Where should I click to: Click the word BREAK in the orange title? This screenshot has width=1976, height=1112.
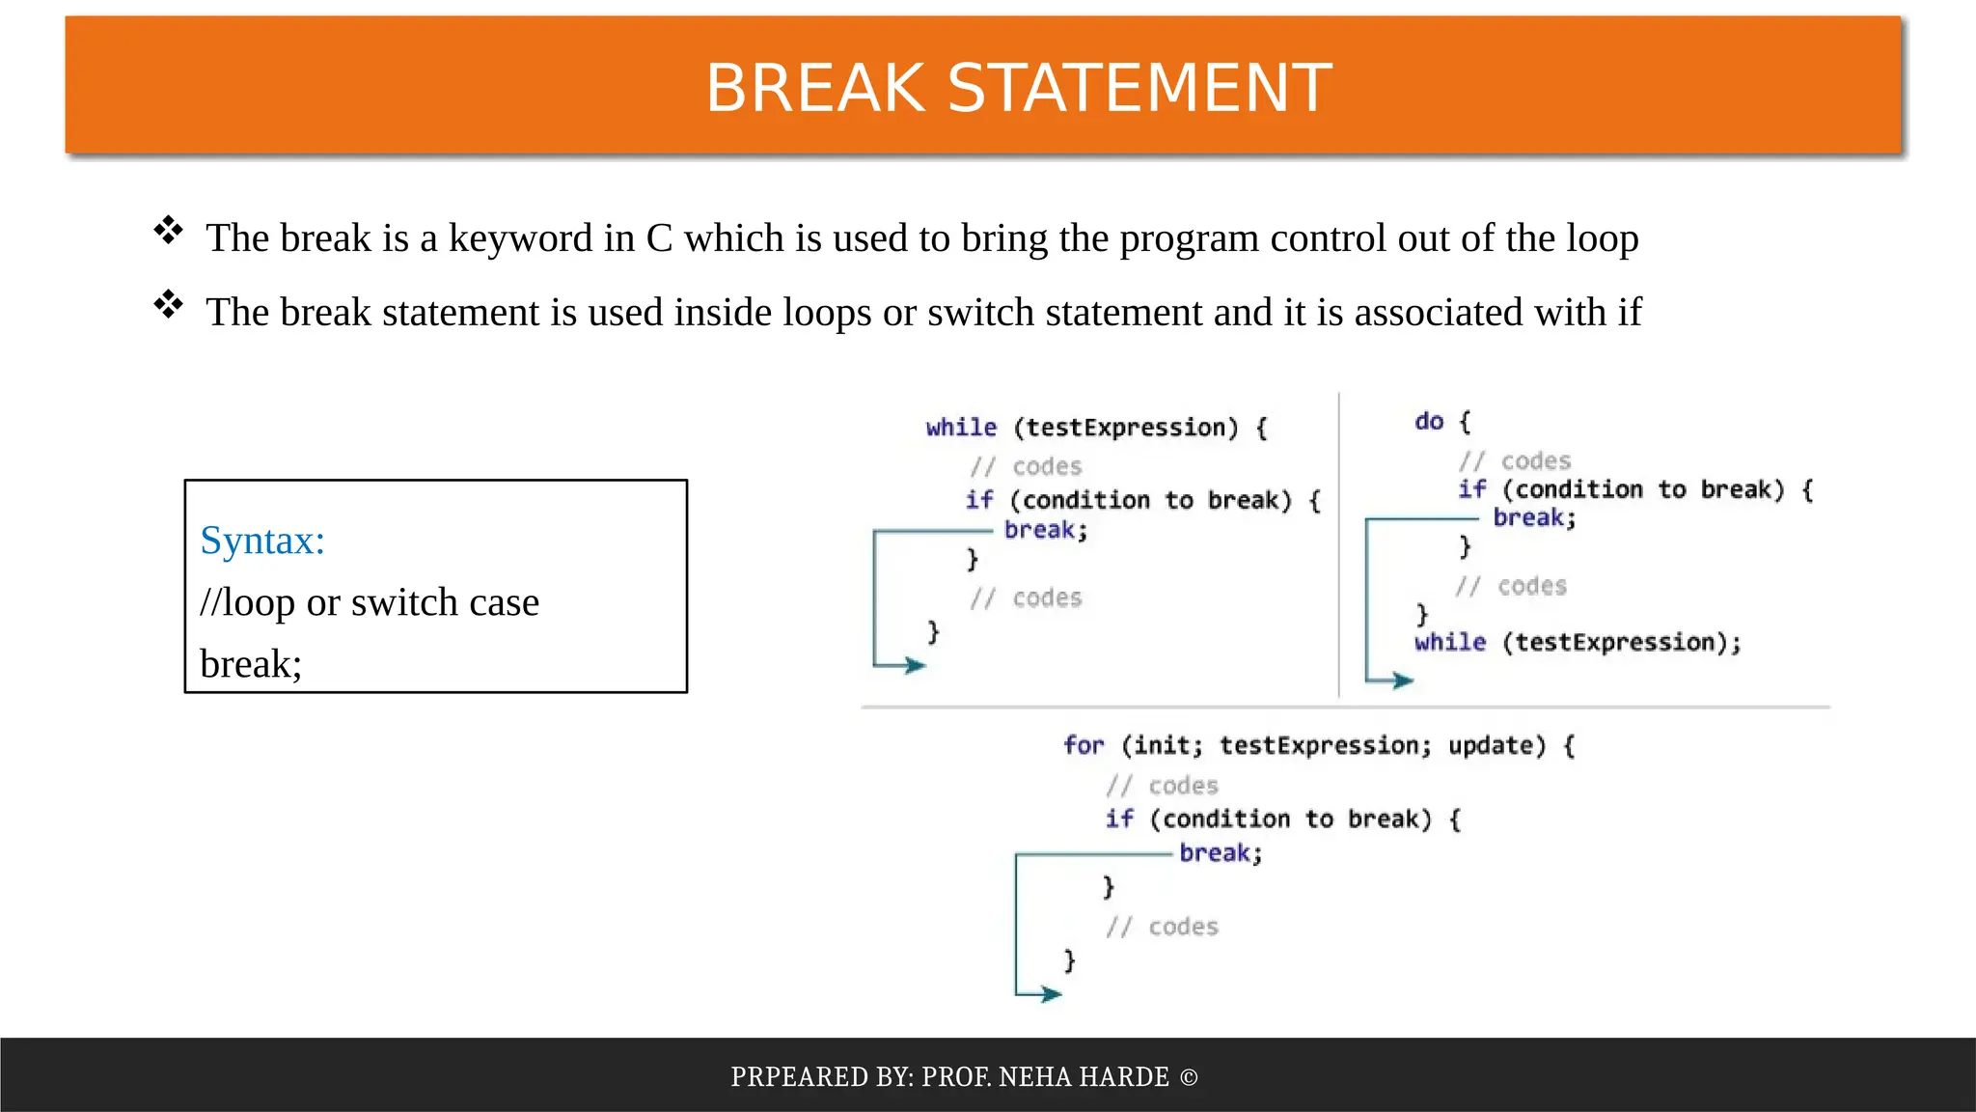(x=816, y=88)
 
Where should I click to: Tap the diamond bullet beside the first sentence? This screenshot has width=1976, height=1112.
(x=168, y=230)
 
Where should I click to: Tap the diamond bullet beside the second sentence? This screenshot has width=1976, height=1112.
(x=168, y=304)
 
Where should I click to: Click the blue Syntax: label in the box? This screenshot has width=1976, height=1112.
(x=262, y=541)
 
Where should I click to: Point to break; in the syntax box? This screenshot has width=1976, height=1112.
(x=251, y=664)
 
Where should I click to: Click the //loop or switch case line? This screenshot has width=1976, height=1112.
(x=370, y=602)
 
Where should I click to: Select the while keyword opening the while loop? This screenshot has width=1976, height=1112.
(x=961, y=428)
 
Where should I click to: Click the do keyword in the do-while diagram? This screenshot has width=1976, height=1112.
(x=1429, y=422)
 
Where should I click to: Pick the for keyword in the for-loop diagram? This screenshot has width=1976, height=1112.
(x=1084, y=745)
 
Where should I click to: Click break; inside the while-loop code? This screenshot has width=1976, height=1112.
(x=1046, y=530)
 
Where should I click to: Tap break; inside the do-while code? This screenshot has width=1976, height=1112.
(x=1534, y=518)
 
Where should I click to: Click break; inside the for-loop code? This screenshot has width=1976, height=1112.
(x=1221, y=853)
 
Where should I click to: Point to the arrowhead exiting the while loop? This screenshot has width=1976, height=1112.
(x=915, y=665)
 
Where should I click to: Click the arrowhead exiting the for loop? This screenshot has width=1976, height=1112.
(x=1052, y=993)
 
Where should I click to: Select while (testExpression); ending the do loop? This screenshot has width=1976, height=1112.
(x=1578, y=643)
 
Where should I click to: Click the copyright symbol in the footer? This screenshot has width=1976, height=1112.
(x=1189, y=1077)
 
